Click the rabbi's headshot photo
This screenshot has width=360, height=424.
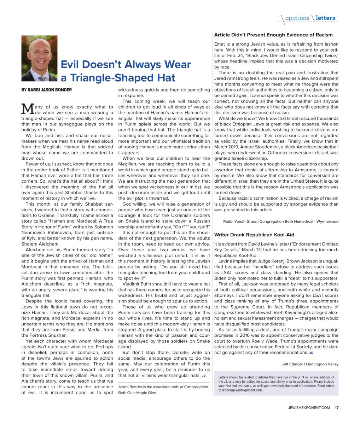tap(39, 58)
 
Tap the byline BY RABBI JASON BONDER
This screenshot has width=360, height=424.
tap(46, 90)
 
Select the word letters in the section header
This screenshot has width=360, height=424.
tap(325, 18)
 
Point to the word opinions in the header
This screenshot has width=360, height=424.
tap(297, 18)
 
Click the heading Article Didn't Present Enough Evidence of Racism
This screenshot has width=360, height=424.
tap(273, 35)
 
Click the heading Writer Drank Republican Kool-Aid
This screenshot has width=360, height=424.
tap(254, 235)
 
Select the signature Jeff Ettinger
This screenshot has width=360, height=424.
tap(292, 364)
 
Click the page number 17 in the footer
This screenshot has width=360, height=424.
tap(337, 408)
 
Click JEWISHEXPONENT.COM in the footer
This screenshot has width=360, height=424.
tap(309, 408)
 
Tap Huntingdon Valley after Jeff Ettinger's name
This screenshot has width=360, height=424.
tap(322, 364)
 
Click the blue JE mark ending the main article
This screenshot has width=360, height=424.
tap(203, 376)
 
